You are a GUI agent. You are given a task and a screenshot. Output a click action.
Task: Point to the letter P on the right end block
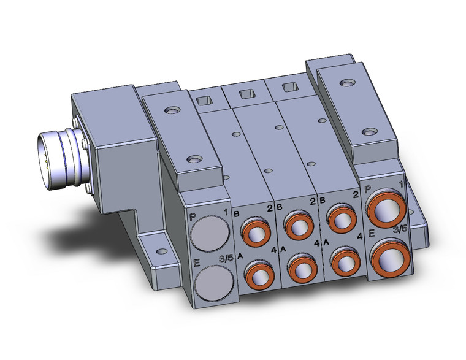pos(367,190)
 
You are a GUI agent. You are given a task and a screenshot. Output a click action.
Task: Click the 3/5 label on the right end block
pos(400,229)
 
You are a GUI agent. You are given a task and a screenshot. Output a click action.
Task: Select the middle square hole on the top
pos(245,94)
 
